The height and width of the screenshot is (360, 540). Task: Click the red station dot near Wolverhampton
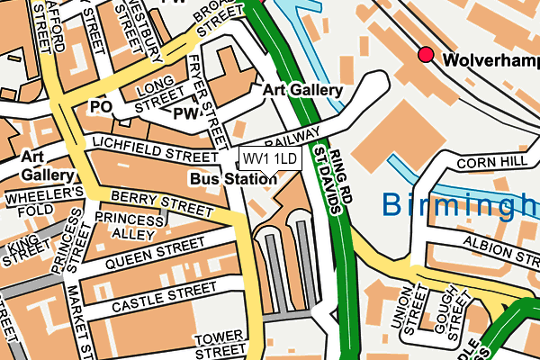pos(426,56)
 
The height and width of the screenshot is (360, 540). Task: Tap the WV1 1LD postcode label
pos(269,159)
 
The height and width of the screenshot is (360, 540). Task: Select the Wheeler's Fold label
pos(44,202)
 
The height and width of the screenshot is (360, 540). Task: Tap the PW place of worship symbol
pos(186,113)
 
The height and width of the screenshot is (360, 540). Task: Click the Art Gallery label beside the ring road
pos(302,91)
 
